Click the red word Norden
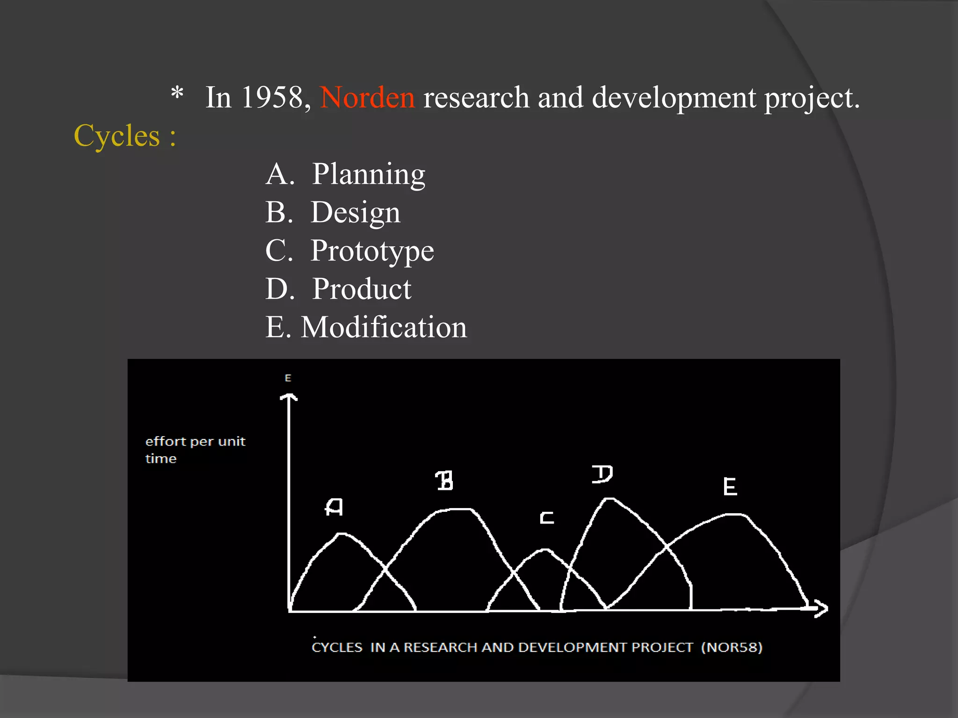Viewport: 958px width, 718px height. click(367, 98)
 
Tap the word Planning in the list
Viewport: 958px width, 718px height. click(369, 174)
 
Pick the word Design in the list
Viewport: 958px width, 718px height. click(356, 212)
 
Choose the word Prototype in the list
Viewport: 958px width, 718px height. click(372, 251)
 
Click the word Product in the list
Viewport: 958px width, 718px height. click(362, 289)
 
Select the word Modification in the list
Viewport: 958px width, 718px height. click(384, 327)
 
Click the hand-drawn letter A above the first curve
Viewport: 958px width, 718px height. click(334, 507)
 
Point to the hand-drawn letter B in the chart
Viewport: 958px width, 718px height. click(444, 481)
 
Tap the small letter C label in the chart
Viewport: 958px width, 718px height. click(546, 518)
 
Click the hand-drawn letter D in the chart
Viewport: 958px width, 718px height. click(602, 474)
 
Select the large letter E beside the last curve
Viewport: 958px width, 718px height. click(730, 487)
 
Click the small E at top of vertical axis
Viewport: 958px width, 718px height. click(288, 378)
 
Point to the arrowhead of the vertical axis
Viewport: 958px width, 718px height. click(289, 397)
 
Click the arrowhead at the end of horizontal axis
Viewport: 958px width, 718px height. click(820, 608)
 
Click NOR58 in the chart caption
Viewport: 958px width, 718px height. click(732, 647)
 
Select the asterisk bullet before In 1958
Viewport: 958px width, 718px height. click(177, 92)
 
